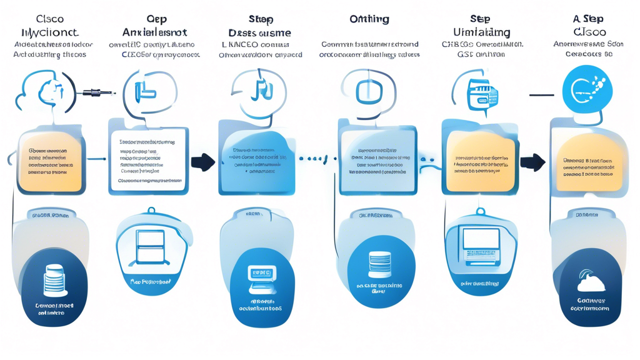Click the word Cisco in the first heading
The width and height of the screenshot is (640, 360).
coord(50,19)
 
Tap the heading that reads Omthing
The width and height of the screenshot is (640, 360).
coord(369,19)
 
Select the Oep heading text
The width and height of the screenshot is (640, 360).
coord(156,19)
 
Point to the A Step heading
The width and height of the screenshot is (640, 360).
coord(588,19)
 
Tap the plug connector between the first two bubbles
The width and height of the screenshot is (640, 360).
coord(97,93)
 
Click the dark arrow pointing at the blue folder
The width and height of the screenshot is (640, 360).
coord(203,162)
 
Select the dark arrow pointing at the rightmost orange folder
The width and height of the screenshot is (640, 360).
coord(532,162)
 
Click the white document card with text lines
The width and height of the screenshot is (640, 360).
coord(147,160)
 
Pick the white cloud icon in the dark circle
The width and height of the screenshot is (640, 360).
coord(591,283)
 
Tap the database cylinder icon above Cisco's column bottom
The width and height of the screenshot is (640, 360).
coord(55,280)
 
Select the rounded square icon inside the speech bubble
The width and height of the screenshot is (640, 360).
coord(368,92)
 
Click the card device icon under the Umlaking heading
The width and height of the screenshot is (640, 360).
coord(483,96)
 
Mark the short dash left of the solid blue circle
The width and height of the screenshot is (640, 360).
coord(541,95)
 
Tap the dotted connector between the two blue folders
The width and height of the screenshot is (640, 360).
coord(317,159)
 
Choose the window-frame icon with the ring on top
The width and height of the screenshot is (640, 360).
coord(150,246)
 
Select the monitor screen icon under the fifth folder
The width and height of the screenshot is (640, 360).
coord(480,244)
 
